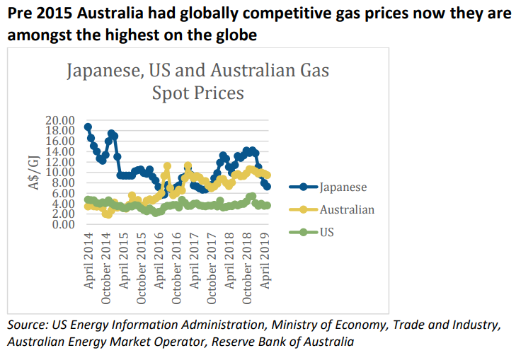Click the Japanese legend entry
pos(343,187)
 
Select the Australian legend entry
pos(347,209)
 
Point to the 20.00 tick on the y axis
pos(59,120)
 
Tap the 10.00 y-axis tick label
pos(59,172)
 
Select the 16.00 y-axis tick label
pos(59,141)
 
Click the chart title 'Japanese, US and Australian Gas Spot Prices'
pos(197,82)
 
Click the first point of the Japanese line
pos(88,127)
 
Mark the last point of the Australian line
pos(268,176)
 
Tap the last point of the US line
pos(268,205)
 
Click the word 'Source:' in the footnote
pos(27,325)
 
